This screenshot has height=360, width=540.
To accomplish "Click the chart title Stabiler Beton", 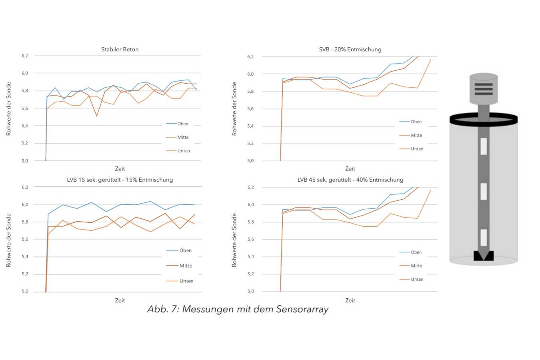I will point(120,50).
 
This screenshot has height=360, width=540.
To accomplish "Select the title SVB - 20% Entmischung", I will point(350,50).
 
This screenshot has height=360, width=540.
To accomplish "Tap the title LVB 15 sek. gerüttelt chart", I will point(120,180).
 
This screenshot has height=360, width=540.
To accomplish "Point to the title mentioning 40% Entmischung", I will point(350,180).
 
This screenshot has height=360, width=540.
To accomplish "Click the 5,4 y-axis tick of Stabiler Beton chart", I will point(25,126).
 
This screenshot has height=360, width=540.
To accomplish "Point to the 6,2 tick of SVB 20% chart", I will point(250,57).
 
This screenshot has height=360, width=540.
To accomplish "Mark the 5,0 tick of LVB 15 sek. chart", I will point(25,291).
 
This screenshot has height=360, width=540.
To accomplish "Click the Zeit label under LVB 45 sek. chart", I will point(350,300).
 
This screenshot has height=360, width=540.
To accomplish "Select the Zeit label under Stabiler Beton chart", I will point(120,169).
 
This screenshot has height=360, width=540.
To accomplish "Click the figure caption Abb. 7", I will point(238,309).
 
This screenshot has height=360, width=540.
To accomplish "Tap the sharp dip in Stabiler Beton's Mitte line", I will point(97,116).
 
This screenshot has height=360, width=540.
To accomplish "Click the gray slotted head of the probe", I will point(484,88).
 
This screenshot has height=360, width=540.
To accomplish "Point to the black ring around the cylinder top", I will point(484,119).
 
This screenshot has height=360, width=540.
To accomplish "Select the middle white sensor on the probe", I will point(484,191).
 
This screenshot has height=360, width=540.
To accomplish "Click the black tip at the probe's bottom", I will point(484,256).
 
